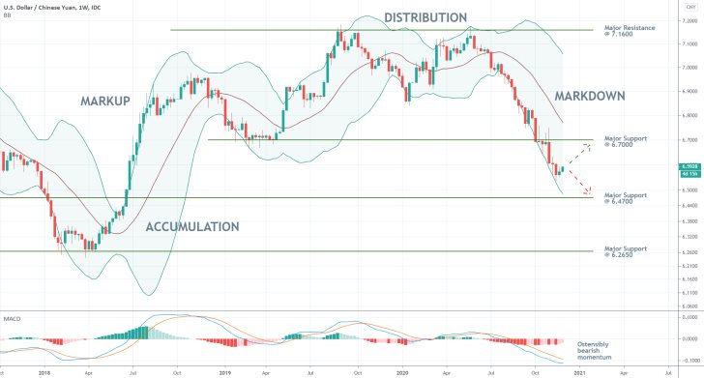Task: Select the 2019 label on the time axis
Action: point(224,371)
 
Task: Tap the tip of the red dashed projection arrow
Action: point(590,194)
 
